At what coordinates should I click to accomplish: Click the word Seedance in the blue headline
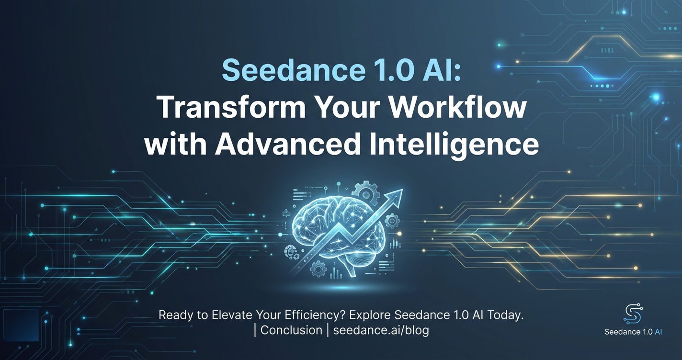click(294, 70)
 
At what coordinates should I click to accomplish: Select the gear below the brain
click(318, 269)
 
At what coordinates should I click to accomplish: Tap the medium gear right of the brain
click(392, 221)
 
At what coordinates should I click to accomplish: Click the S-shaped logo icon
click(633, 314)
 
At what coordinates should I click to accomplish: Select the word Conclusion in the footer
click(291, 330)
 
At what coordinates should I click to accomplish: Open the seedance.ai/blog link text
click(381, 330)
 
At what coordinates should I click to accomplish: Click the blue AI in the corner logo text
click(658, 332)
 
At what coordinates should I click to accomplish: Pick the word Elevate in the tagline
click(232, 315)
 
